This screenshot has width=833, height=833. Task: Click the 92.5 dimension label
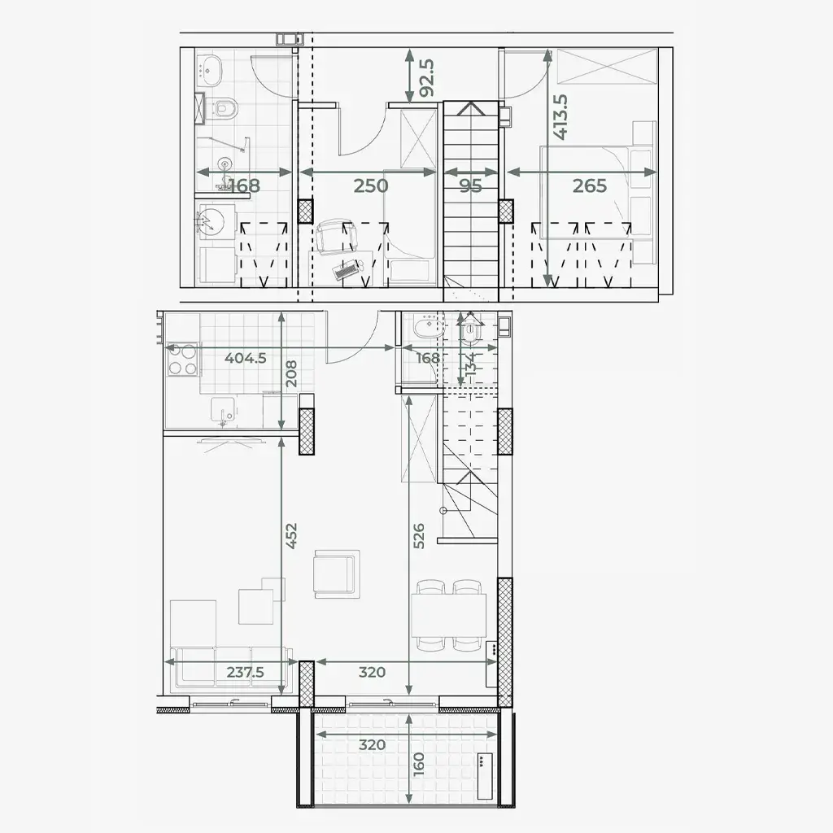427,77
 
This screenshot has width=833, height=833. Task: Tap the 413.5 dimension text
560,117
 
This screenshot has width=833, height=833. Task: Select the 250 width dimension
371,186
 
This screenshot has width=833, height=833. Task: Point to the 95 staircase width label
471,186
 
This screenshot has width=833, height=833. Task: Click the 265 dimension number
590,186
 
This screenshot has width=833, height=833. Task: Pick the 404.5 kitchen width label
246,358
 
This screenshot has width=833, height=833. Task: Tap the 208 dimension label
291,373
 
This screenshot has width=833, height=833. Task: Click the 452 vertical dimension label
291,535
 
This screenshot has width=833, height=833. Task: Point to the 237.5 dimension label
246,672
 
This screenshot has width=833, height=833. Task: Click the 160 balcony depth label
419,764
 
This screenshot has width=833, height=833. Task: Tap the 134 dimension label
471,365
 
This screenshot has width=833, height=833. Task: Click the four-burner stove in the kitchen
182,360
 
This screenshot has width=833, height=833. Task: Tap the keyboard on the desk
345,272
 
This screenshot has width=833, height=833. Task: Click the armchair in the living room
337,574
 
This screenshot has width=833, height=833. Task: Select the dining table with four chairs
449,615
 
